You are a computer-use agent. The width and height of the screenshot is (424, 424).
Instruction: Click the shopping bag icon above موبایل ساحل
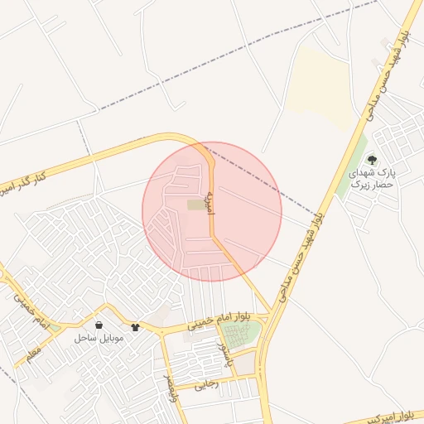pyautogui.click(x=99, y=325)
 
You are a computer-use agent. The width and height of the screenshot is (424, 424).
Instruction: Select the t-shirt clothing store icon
pyautogui.click(x=136, y=327)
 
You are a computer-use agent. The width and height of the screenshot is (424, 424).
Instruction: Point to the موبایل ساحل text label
pyautogui.click(x=99, y=338)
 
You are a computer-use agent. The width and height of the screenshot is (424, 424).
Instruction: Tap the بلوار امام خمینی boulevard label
pyautogui.click(x=218, y=321)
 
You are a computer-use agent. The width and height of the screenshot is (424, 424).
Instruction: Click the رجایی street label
pyautogui.click(x=206, y=385)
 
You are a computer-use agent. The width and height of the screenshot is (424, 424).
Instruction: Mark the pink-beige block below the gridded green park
pyautogui.click(x=246, y=363)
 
